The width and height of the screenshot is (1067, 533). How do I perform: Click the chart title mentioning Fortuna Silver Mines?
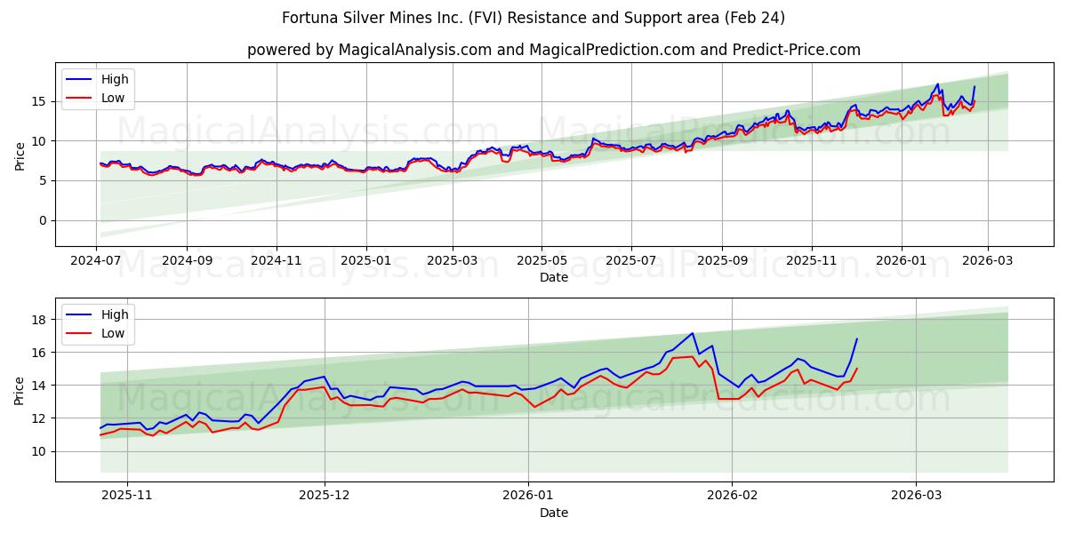point(533,18)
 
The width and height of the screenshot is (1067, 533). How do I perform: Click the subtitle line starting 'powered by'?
point(553,50)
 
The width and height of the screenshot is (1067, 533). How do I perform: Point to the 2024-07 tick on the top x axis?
point(96,262)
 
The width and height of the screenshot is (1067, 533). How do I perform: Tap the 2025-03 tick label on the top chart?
point(452,262)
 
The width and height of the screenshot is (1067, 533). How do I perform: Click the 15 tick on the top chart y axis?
point(39,101)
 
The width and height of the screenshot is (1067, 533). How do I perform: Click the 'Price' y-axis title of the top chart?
point(20,155)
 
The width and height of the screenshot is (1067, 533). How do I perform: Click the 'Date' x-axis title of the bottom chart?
point(553,513)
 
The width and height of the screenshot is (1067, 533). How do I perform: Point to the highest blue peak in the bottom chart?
point(692,333)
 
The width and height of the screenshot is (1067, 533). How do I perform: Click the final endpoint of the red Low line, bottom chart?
point(856,368)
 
